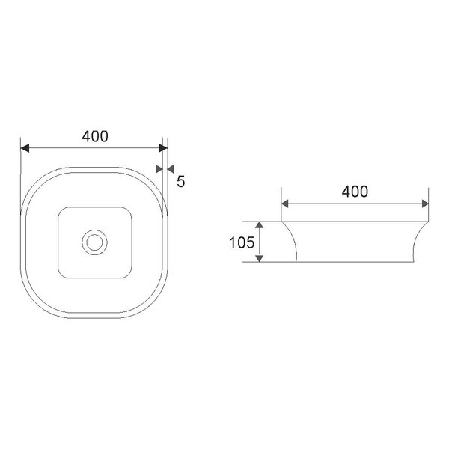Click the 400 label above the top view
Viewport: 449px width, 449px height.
(95, 136)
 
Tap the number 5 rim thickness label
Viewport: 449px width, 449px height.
(180, 180)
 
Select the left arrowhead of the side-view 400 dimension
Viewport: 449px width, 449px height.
(286, 203)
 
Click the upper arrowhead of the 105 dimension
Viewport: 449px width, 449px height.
(259, 225)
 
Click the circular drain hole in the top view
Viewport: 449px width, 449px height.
(94, 242)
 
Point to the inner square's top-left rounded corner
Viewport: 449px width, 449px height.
(62, 210)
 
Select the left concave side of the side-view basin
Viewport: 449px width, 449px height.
(291, 241)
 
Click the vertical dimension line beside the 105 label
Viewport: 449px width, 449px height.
(259, 242)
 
